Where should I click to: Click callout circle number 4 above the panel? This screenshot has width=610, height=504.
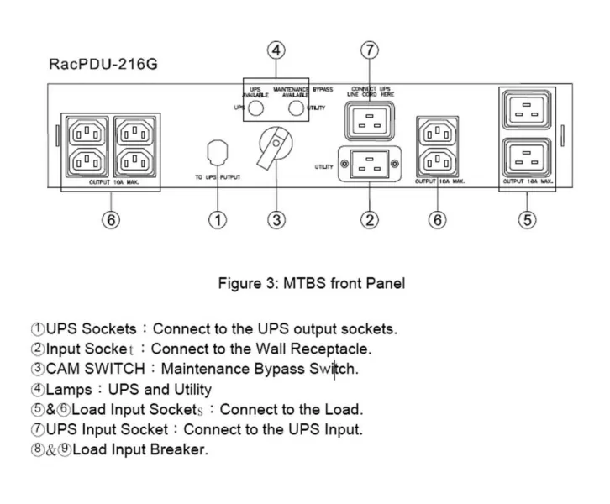(x=277, y=50)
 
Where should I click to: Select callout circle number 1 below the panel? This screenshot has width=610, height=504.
(x=218, y=220)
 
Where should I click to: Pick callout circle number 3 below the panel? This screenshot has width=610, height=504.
(x=276, y=220)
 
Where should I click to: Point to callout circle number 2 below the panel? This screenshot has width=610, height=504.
(x=368, y=220)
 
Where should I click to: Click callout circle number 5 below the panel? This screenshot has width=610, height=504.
(x=526, y=220)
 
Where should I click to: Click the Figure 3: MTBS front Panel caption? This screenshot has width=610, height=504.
(x=311, y=283)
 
